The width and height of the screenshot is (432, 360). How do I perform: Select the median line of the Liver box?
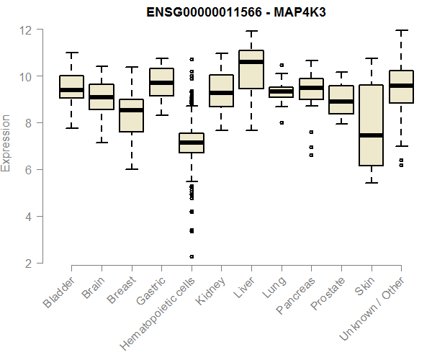click(251, 62)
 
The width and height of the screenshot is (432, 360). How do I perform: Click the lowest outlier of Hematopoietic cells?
click(192, 256)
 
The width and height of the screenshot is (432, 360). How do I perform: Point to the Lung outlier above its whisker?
click(282, 65)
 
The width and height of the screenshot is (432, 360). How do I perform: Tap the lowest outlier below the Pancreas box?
click(311, 155)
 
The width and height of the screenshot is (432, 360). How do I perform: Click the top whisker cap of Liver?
click(251, 31)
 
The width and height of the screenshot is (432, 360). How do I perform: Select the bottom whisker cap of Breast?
click(131, 169)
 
